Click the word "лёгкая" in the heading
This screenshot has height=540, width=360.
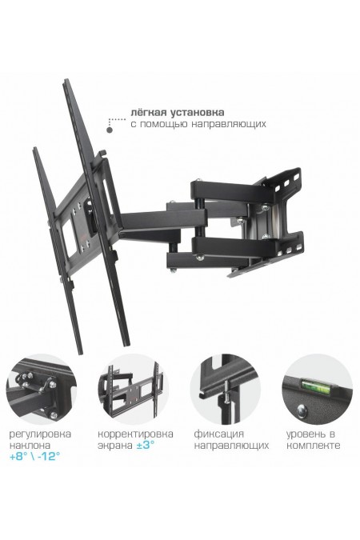pos(149,113)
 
